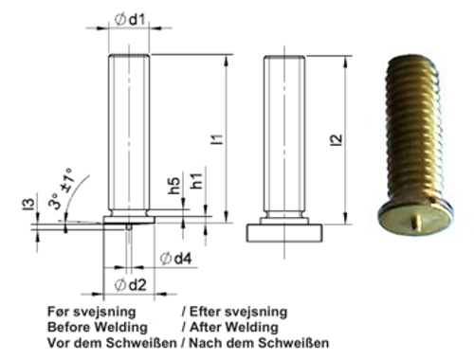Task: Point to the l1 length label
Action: pos(218,139)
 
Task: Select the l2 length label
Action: pos(335,139)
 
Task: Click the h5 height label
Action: pos(174,187)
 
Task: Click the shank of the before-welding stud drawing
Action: pos(130,133)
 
